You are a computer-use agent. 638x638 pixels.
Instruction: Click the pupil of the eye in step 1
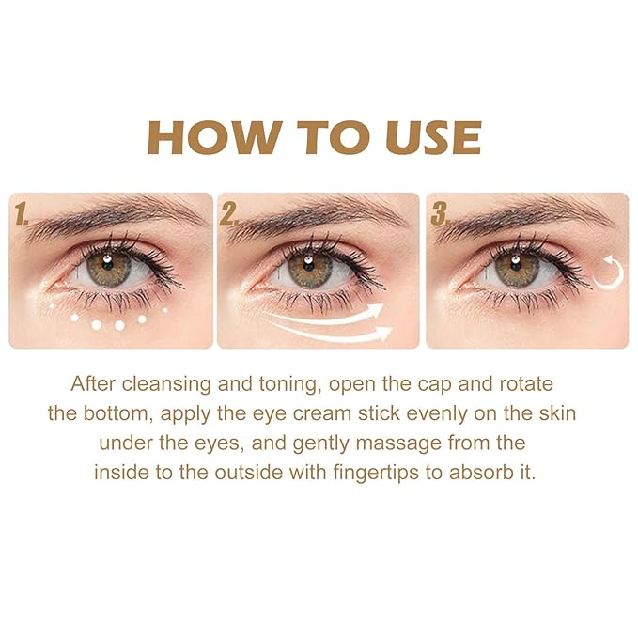tap(110, 266)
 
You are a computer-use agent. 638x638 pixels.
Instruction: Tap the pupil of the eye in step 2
tap(309, 266)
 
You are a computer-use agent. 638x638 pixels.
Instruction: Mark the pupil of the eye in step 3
tap(516, 266)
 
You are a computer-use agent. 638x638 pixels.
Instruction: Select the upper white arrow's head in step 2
tap(377, 310)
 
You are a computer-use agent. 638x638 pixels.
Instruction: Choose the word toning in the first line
tap(258, 385)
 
